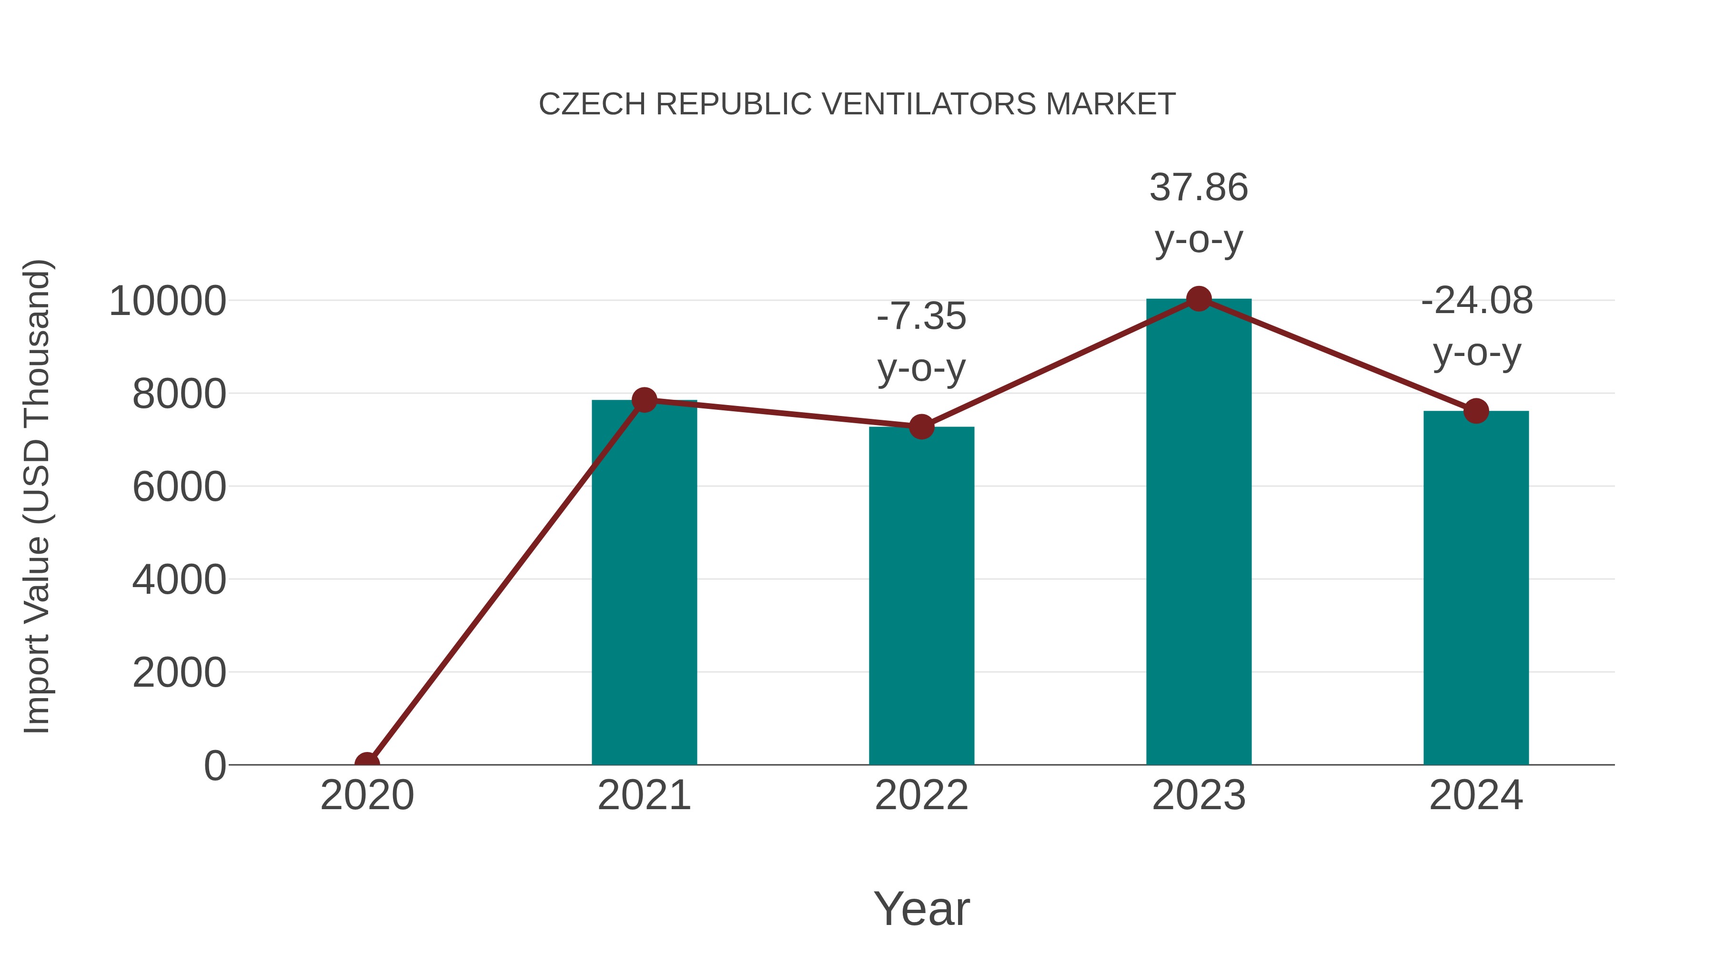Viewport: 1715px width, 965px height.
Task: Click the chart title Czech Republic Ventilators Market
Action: (x=857, y=104)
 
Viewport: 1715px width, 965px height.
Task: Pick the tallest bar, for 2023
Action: (x=1199, y=532)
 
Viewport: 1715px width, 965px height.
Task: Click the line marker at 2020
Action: (x=367, y=763)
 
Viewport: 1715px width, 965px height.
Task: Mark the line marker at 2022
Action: (x=921, y=427)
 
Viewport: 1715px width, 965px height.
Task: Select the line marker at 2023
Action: (x=1199, y=299)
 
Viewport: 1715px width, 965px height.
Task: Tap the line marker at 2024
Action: (x=1476, y=411)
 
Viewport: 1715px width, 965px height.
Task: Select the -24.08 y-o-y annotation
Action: (x=1477, y=326)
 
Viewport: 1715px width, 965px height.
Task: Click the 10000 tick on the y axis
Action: (x=168, y=301)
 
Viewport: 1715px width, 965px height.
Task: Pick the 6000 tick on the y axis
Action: (x=179, y=487)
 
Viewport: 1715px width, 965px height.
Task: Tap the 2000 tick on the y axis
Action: (x=179, y=672)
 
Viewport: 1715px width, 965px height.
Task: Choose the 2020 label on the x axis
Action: (x=367, y=795)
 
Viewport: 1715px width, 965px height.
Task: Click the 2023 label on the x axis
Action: (x=1199, y=795)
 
